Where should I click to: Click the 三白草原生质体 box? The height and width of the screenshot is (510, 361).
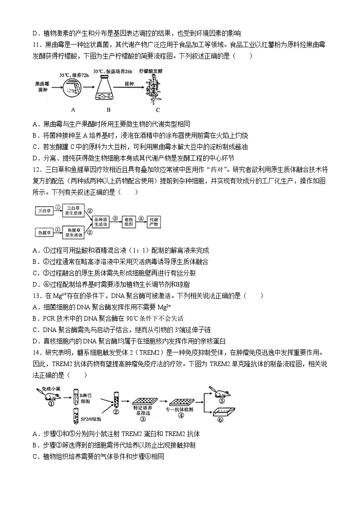(x=73, y=210)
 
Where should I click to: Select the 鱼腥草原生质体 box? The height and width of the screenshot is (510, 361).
(x=73, y=233)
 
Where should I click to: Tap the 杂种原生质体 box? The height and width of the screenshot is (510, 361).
(x=101, y=221)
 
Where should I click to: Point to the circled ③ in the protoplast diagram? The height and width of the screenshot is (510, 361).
(x=115, y=217)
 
